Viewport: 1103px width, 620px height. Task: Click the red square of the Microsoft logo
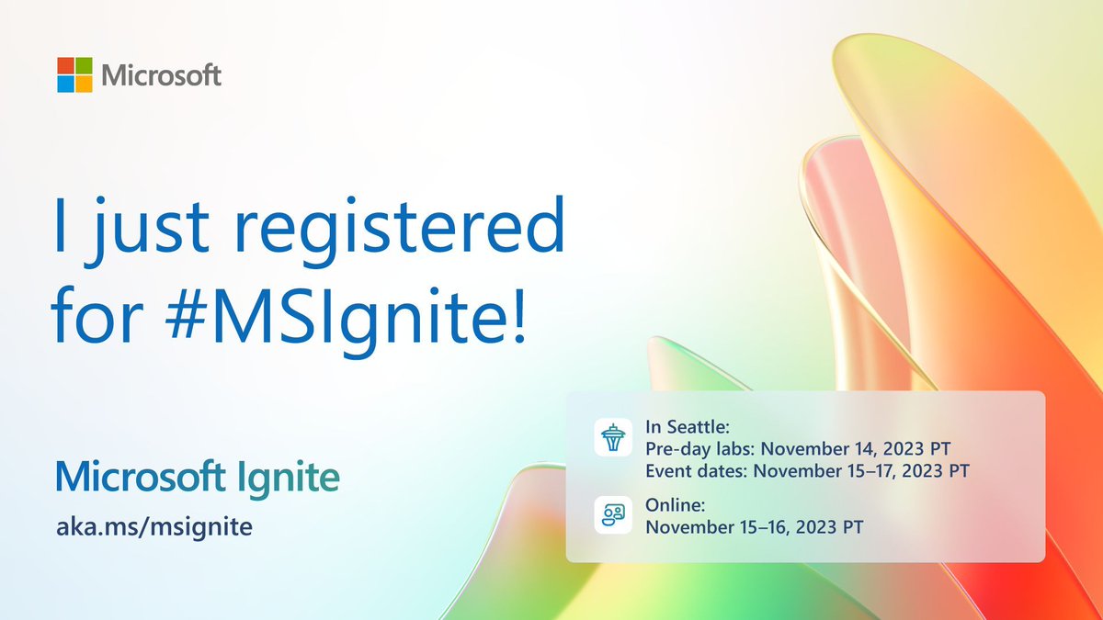[x=65, y=65]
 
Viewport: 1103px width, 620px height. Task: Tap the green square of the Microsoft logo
[x=84, y=65]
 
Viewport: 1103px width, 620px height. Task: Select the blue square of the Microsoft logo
[x=65, y=84]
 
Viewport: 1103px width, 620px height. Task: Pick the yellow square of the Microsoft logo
[x=84, y=84]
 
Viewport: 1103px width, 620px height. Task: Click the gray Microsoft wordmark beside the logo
[x=161, y=74]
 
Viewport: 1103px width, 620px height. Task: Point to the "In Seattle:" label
[x=684, y=428]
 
